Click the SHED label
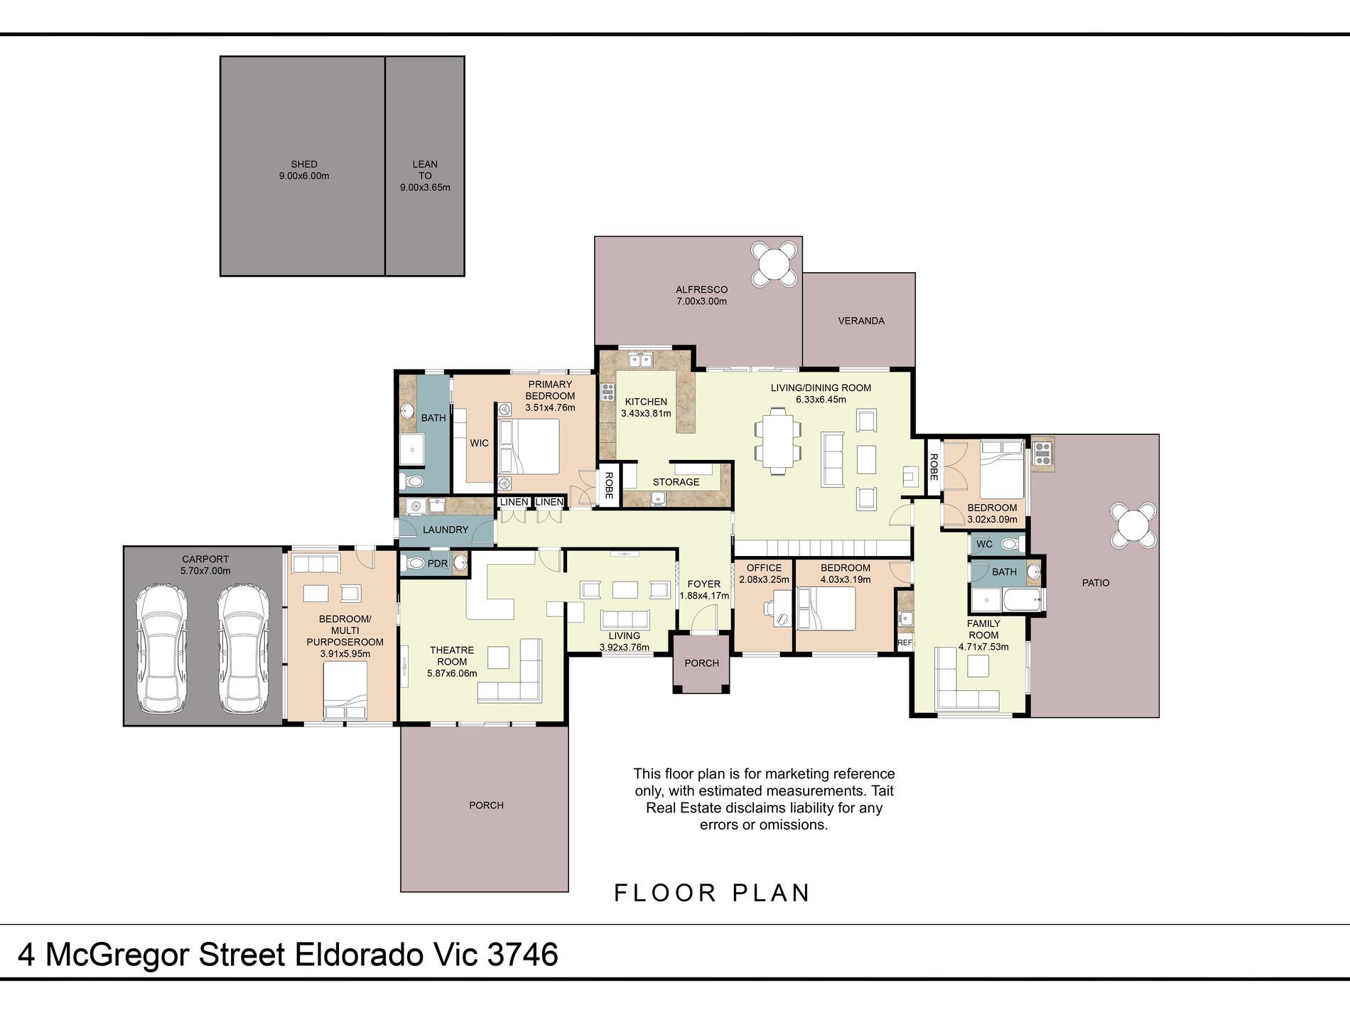pos(304,164)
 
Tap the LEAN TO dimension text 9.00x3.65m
pos(425,188)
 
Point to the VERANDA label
pos(861,321)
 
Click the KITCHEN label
pos(646,402)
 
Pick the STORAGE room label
pos(676,482)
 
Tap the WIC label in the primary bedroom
pos(479,443)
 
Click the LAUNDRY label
pos(445,530)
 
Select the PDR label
pos(438,564)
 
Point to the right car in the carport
pos(244,648)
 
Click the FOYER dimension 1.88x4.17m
pos(704,596)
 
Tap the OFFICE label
pos(764,568)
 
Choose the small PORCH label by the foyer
pos(702,663)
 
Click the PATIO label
pos(1096,583)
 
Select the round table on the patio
pos(1133,525)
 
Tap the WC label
pos(984,545)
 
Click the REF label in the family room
pos(904,643)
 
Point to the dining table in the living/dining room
pos(778,441)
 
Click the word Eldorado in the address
pos(360,954)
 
